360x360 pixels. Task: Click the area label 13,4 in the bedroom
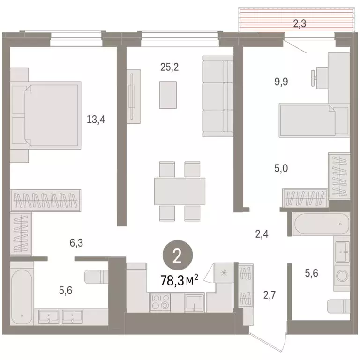click(96, 119)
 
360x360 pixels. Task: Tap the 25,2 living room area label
click(169, 67)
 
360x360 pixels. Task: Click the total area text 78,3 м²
click(179, 280)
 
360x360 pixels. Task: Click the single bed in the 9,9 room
click(307, 121)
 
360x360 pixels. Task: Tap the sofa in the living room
click(218, 96)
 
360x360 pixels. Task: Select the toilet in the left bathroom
click(96, 277)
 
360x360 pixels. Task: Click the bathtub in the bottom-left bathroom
click(22, 290)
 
